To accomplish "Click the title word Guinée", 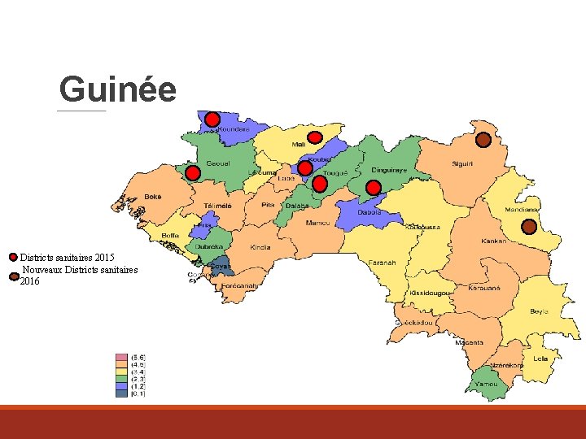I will [x=117, y=89].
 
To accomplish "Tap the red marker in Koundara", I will [x=212, y=120].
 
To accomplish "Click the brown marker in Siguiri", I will [x=483, y=140].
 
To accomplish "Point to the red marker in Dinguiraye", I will [x=374, y=188].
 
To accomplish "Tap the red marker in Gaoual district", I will [x=192, y=173].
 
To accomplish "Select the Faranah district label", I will [x=382, y=263].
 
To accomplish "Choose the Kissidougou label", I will [x=431, y=293].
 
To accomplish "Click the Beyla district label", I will [x=539, y=311].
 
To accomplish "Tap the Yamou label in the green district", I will [x=486, y=383].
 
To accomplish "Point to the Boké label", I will [x=153, y=197].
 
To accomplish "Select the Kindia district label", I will [x=260, y=247].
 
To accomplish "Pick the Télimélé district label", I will [x=217, y=206].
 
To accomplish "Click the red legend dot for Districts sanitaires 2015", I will [x=13, y=257].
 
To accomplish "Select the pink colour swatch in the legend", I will [x=122, y=357].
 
